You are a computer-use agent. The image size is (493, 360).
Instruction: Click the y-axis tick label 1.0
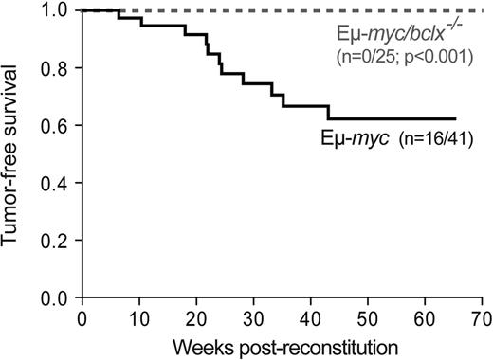[x=58, y=10]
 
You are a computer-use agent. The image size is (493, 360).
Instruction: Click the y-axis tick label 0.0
[x=58, y=298]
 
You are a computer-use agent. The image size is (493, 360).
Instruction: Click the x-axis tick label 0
[x=82, y=316]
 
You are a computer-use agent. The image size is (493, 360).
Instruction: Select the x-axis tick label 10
[x=139, y=316]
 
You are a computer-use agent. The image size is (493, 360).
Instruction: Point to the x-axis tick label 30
[x=254, y=316]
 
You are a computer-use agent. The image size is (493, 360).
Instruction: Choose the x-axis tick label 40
[x=311, y=316]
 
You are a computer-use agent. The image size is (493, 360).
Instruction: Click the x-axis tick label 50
[x=368, y=316]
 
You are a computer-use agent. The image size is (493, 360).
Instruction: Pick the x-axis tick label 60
[x=426, y=316]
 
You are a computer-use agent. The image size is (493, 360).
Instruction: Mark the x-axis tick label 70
[x=482, y=316]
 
